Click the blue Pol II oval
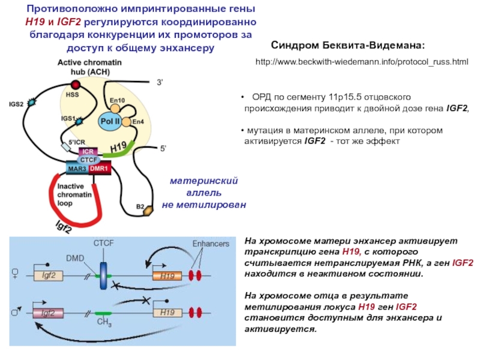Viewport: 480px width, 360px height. tap(110, 122)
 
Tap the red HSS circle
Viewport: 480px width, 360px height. tap(76, 85)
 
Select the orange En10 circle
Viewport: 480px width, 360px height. tap(115, 109)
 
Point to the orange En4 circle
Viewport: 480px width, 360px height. tap(127, 122)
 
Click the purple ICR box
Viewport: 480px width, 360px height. tap(88, 152)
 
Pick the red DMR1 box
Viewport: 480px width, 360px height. tap(100, 169)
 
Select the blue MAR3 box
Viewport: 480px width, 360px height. tap(77, 169)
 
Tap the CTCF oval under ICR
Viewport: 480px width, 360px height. tap(88, 160)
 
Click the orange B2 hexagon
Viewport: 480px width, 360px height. tap(149, 211)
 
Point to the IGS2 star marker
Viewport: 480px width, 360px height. tap(31, 103)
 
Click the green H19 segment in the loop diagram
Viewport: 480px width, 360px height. tap(119, 149)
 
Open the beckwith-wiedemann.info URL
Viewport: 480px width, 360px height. tap(362, 62)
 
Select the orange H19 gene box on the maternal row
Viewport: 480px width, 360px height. tap(167, 276)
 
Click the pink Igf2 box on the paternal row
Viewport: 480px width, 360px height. tap(48, 313)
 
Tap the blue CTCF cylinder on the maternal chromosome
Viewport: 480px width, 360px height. tap(104, 275)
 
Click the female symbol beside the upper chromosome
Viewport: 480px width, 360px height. tap(15, 273)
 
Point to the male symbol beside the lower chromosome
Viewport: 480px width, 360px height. tap(16, 311)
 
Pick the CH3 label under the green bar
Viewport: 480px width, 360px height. tap(104, 323)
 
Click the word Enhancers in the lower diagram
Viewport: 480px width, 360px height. tap(211, 244)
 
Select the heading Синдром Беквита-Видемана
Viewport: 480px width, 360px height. tap(348, 46)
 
